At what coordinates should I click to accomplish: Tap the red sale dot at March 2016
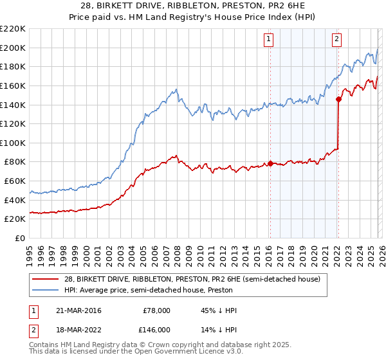[x=270, y=163]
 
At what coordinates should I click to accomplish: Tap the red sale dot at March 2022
[x=338, y=98]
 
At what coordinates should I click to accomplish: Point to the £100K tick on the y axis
[x=13, y=143]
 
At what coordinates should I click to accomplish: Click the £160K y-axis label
[x=13, y=85]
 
